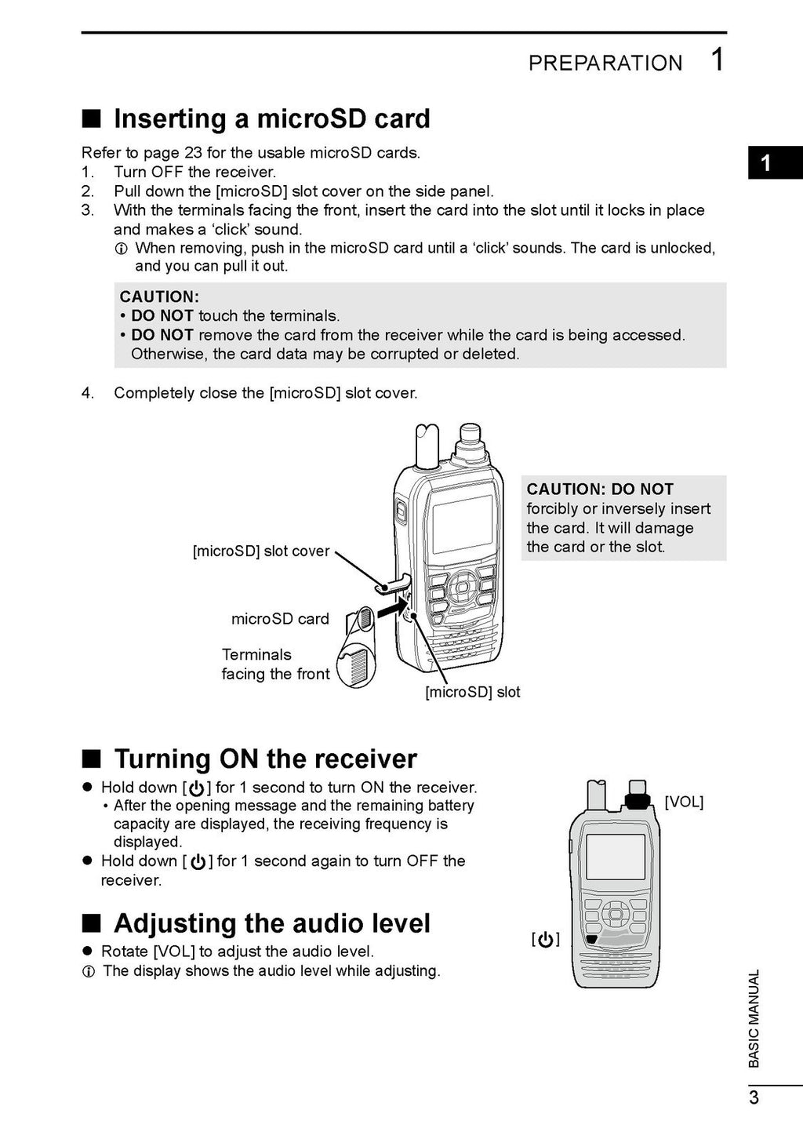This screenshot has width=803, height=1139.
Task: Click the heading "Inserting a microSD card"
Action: click(x=271, y=118)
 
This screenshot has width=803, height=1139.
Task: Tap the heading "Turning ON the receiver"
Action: click(x=265, y=759)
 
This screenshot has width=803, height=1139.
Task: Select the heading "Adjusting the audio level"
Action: click(x=271, y=923)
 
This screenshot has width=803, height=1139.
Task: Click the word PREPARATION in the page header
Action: click(x=605, y=63)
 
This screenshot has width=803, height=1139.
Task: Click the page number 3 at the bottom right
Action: click(x=754, y=1097)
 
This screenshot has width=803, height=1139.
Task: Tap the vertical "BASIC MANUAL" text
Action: click(x=754, y=1018)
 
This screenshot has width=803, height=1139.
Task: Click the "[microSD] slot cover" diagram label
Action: click(x=261, y=551)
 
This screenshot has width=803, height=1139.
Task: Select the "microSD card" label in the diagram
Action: click(x=280, y=619)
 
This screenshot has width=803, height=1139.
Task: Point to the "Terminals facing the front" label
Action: click(x=275, y=664)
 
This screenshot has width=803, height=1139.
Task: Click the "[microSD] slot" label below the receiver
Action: click(x=472, y=692)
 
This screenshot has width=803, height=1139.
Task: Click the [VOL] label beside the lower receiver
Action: click(x=684, y=802)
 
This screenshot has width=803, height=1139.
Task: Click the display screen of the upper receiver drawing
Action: click(x=463, y=524)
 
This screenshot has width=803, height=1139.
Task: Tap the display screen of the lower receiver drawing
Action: click(x=616, y=857)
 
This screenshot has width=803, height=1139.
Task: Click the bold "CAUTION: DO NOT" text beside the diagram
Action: click(x=600, y=489)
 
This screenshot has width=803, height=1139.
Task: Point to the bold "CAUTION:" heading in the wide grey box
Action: click(x=159, y=297)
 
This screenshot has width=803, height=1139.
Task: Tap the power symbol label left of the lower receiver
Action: click(x=546, y=939)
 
